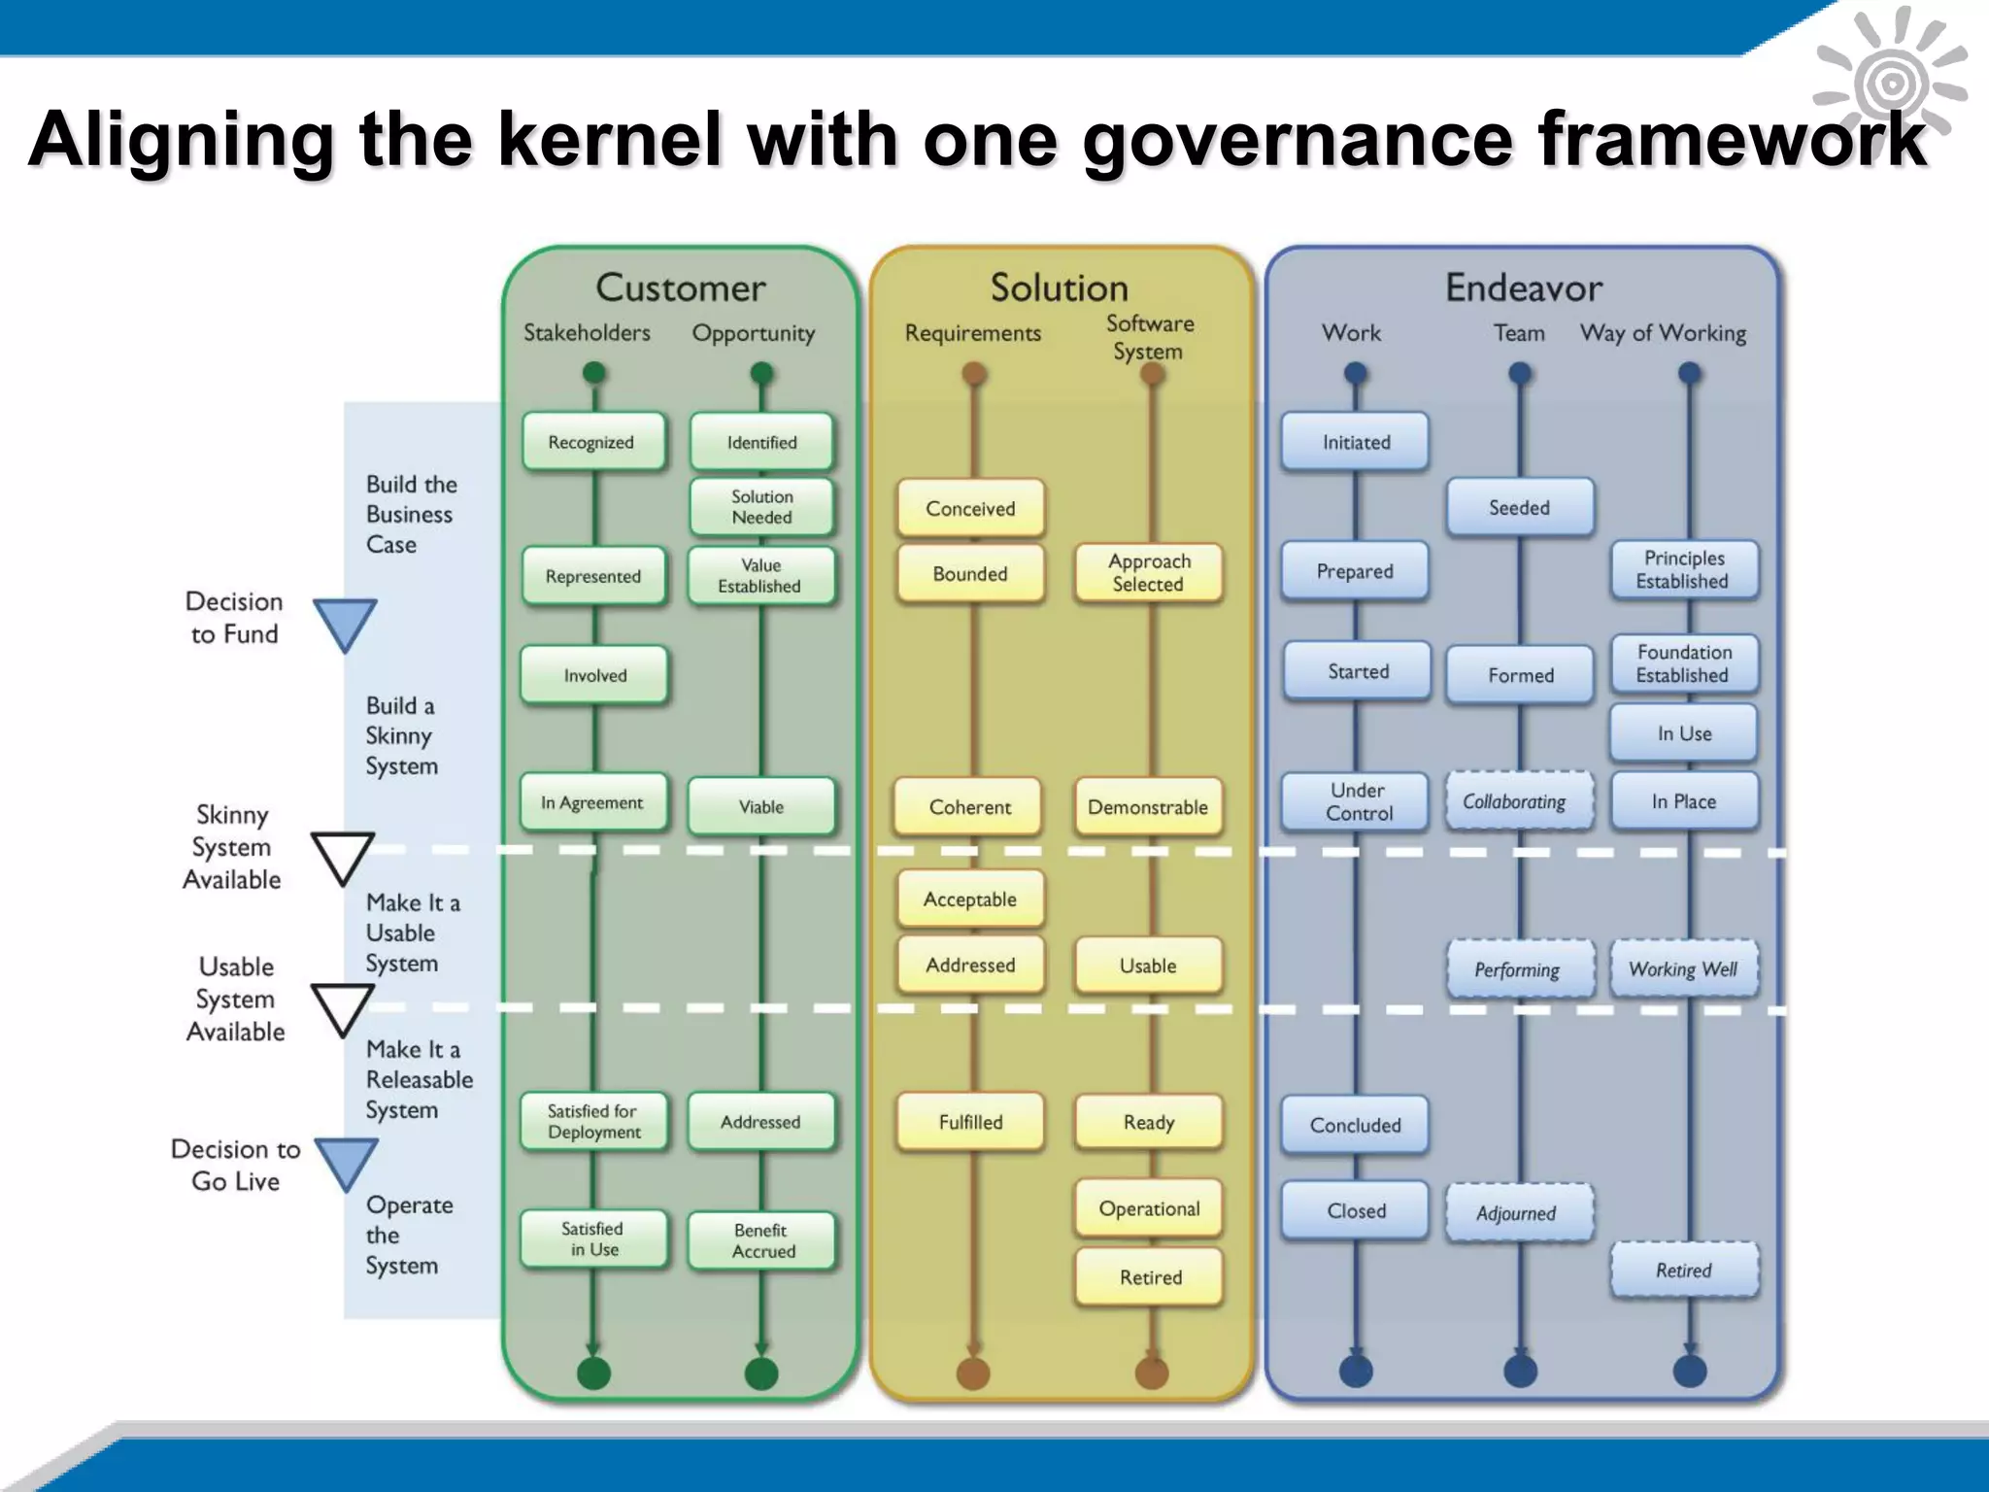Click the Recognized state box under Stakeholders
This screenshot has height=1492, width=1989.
point(592,442)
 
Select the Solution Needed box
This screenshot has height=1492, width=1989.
point(761,507)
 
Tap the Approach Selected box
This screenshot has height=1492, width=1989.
point(1148,573)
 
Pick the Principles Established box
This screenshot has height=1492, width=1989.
point(1683,570)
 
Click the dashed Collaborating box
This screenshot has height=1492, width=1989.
point(1518,801)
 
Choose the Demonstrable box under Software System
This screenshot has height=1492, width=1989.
point(1147,807)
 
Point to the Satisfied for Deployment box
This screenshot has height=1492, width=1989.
point(593,1122)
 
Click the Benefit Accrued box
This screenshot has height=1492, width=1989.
point(761,1240)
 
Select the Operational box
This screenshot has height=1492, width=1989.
point(1148,1208)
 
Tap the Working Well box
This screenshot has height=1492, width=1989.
point(1683,968)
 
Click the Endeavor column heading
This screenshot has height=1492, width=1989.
point(1523,288)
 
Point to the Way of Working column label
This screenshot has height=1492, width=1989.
point(1663,333)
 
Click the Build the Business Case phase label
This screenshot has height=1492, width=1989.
point(411,514)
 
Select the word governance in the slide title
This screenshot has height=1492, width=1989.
point(1298,139)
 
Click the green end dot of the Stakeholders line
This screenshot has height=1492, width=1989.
point(593,1373)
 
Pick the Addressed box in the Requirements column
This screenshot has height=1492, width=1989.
point(969,965)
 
